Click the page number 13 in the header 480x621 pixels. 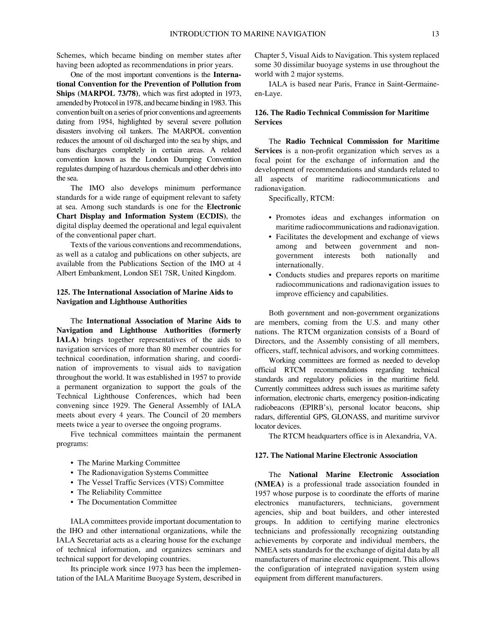click(435, 34)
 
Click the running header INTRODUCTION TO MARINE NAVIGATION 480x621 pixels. click(248, 34)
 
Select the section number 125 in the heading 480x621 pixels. click(62, 292)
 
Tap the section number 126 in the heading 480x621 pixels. click(261, 113)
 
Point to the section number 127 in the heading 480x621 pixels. click(261, 455)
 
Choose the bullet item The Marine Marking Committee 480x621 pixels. click(129, 463)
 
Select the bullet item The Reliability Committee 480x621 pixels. click(119, 492)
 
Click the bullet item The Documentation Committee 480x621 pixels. click(127, 502)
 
